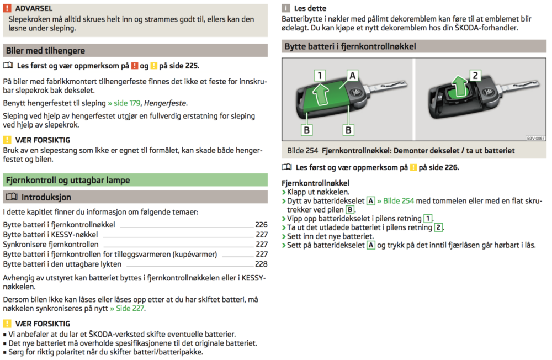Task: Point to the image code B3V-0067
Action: [x=535, y=139]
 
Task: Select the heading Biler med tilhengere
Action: [x=45, y=51]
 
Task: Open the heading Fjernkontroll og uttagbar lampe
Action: [x=67, y=179]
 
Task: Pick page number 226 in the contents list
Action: [x=261, y=225]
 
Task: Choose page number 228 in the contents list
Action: [x=261, y=264]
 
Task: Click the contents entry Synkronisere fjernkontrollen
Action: [x=51, y=245]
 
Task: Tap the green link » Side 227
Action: [x=127, y=309]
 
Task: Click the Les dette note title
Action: [x=310, y=9]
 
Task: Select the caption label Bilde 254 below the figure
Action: [x=302, y=151]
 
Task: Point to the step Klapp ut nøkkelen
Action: [x=318, y=192]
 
